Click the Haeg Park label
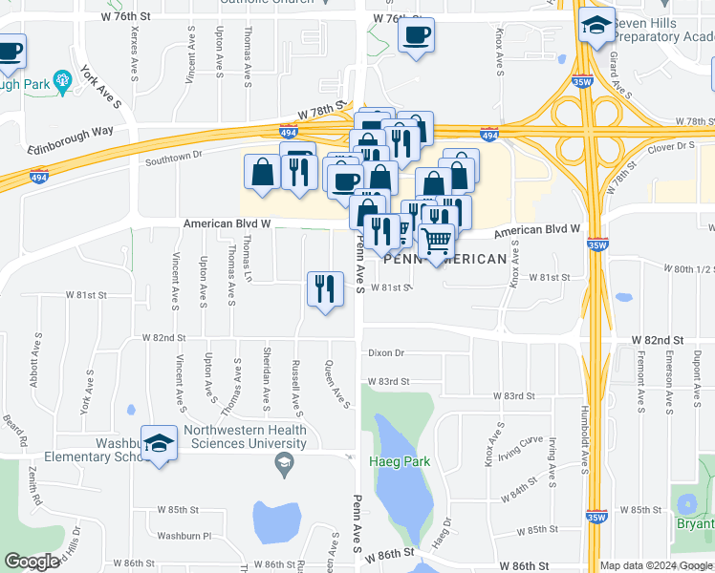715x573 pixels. pyautogui.click(x=400, y=462)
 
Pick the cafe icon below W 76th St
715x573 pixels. pyautogui.click(x=416, y=36)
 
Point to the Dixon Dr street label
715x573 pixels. pyautogui.click(x=386, y=353)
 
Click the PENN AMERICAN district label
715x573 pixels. pyautogui.click(x=445, y=260)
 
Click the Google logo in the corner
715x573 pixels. pyautogui.click(x=32, y=562)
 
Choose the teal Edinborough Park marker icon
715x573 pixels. pyautogui.click(x=63, y=81)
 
